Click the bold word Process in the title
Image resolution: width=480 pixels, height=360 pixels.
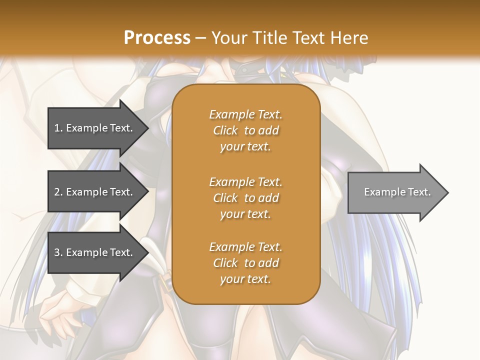click(x=157, y=38)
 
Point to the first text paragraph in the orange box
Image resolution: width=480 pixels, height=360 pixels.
click(x=245, y=130)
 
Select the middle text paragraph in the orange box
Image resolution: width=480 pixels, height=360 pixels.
click(x=245, y=198)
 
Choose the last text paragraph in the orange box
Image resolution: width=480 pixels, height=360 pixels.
click(x=245, y=263)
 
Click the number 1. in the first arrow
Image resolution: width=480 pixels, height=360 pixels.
click(x=58, y=128)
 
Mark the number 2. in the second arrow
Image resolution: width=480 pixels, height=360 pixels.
click(x=58, y=192)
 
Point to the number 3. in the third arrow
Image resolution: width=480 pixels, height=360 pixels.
click(x=58, y=252)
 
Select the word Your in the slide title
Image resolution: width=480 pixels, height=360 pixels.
click(x=227, y=38)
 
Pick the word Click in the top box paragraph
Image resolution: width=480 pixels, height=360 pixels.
click(x=225, y=130)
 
